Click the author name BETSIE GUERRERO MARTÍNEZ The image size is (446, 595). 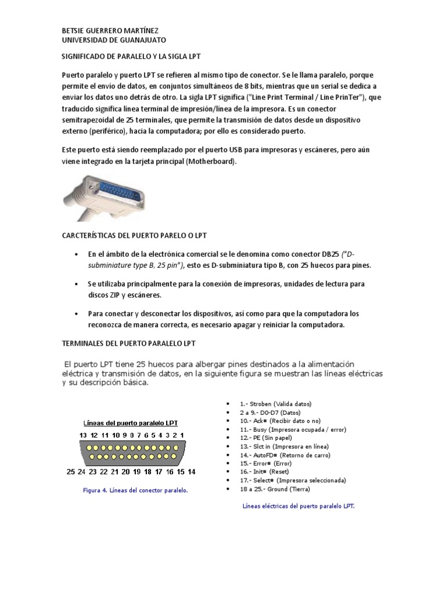pos(110,30)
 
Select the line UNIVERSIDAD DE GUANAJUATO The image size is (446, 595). pos(114,40)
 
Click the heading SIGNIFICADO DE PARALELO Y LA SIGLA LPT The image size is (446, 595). pos(131,58)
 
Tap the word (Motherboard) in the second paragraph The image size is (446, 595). pos(211,162)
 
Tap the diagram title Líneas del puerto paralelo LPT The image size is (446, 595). pos(131,422)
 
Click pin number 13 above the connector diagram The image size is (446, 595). pos(84,435)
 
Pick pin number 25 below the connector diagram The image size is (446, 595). pos(71,472)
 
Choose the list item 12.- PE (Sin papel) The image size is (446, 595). pos(266,438)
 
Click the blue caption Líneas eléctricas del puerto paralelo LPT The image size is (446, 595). pos(298,506)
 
